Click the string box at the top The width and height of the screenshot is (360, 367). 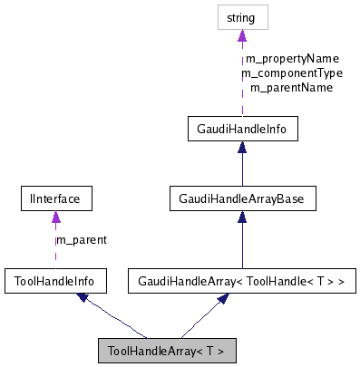click(242, 17)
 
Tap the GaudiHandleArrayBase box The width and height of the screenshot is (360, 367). click(242, 197)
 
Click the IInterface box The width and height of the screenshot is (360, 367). click(55, 197)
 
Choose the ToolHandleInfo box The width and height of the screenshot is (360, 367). click(55, 282)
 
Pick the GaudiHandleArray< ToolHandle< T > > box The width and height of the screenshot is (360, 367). click(242, 282)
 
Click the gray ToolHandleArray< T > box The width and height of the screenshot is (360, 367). click(167, 350)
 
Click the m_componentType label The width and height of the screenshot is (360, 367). click(291, 73)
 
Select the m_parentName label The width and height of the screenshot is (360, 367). click(291, 88)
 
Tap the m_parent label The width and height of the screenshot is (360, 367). click(82, 240)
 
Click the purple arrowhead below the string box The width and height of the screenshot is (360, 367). click(242, 36)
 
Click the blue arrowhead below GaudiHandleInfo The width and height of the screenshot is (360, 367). click(242, 148)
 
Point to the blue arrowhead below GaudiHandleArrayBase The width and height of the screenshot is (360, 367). click(242, 216)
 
